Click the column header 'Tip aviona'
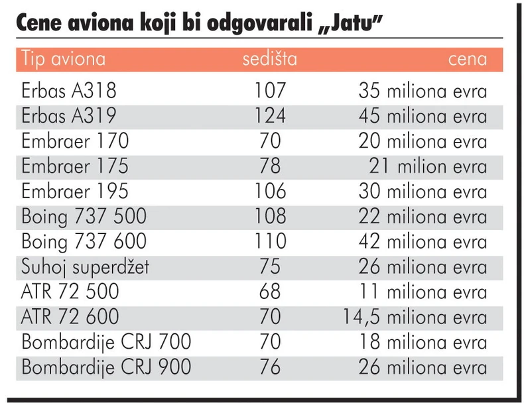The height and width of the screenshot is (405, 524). click(x=64, y=59)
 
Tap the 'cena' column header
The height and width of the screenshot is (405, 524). click(x=467, y=59)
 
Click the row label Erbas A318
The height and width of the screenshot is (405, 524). click(x=69, y=91)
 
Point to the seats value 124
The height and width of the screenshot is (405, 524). click(x=269, y=116)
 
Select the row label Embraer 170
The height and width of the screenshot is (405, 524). click(x=75, y=141)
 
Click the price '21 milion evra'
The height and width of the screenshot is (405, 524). click(x=428, y=166)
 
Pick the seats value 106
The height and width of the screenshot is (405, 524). click(x=269, y=192)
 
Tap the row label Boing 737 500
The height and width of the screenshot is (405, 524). click(x=84, y=217)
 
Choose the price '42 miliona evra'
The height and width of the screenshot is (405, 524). click(x=423, y=241)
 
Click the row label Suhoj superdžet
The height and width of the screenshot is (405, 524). click(x=86, y=267)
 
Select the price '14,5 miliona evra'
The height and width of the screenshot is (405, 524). click(x=415, y=317)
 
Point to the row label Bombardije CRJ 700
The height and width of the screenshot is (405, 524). click(x=106, y=342)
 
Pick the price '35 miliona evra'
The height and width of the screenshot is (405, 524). click(x=423, y=91)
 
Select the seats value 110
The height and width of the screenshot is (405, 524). click(x=269, y=241)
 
